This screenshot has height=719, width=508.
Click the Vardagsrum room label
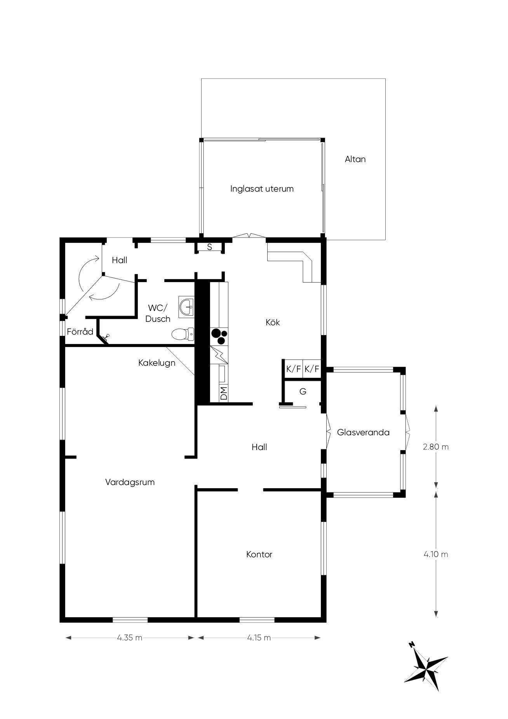click(x=130, y=482)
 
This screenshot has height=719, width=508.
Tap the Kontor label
click(x=259, y=554)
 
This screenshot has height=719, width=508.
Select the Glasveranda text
click(x=363, y=432)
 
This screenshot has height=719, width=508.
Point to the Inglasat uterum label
click(x=262, y=189)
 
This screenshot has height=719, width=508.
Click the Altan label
click(x=355, y=159)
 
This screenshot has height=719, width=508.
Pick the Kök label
click(x=273, y=322)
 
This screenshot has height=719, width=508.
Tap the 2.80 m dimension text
click(x=436, y=447)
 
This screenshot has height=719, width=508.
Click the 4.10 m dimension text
click(x=436, y=554)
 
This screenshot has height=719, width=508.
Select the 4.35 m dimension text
click(x=130, y=638)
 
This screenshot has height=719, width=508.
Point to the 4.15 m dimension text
click(x=259, y=638)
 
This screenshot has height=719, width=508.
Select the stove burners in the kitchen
click(x=219, y=336)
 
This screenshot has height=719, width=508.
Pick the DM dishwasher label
click(x=224, y=393)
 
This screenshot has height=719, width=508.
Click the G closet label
click(x=303, y=391)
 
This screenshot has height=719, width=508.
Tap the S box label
click(x=209, y=247)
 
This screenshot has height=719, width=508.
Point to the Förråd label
click(x=80, y=332)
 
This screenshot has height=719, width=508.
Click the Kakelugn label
click(x=157, y=363)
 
